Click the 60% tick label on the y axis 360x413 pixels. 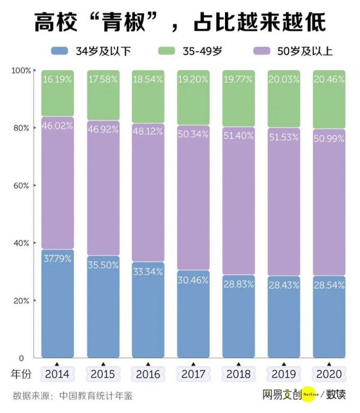[21, 186]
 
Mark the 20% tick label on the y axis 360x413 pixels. [21, 300]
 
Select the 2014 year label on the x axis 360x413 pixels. [58, 375]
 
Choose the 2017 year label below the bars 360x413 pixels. [193, 375]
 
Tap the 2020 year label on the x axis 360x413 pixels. [329, 375]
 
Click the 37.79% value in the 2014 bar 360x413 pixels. [58, 259]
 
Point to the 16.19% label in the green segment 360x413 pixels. [58, 80]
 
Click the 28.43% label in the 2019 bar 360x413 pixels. [284, 285]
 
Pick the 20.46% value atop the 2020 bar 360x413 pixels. [329, 80]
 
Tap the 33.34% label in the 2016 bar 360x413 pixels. [148, 272]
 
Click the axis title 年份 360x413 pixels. [22, 375]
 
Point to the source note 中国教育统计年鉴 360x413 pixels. [96, 396]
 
